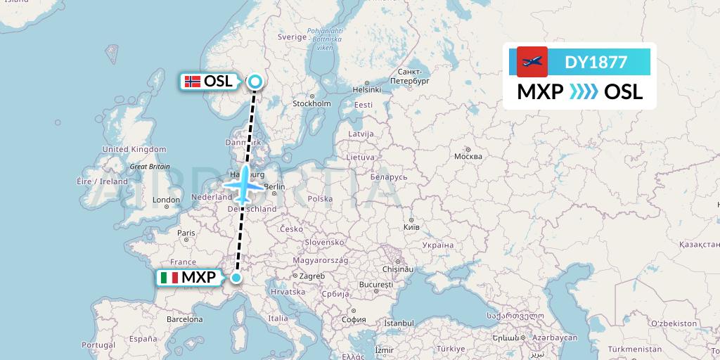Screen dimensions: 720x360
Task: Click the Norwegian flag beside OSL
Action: (192, 82)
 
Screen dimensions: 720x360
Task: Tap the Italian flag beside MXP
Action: (169, 278)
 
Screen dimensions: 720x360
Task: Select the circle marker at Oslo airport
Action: (254, 82)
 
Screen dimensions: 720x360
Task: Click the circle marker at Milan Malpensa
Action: (236, 278)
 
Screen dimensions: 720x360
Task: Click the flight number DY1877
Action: (596, 62)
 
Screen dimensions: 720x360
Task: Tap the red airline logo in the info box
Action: (532, 62)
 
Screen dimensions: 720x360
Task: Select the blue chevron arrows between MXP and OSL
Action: (584, 91)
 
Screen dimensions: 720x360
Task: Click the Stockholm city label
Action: (311, 103)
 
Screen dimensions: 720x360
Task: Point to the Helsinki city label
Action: (366, 89)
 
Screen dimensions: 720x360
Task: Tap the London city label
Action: (167, 200)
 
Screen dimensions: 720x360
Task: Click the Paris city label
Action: (186, 233)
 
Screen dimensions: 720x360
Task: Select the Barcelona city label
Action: (185, 319)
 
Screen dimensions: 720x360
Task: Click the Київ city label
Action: (411, 228)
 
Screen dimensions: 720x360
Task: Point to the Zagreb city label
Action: (313, 276)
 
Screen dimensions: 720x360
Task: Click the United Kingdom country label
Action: (134, 149)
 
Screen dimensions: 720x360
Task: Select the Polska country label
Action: (320, 198)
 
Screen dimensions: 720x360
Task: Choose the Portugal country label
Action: (98, 345)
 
